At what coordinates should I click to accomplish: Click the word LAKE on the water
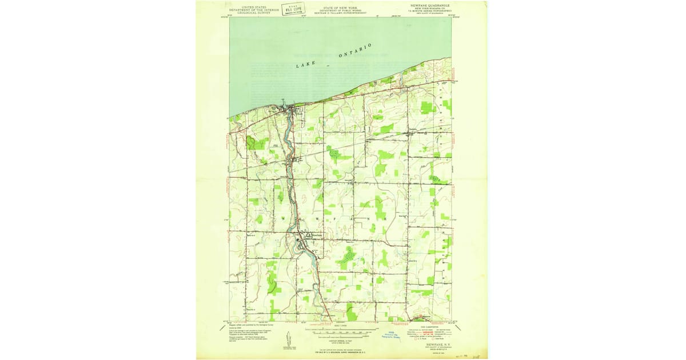(x=305, y=65)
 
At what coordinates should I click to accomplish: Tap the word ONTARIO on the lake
(x=356, y=50)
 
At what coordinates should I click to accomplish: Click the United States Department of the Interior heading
(x=254, y=10)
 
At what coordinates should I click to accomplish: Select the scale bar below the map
(x=340, y=330)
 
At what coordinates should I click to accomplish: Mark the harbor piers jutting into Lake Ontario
(x=289, y=104)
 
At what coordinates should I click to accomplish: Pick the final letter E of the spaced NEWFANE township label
(x=387, y=219)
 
